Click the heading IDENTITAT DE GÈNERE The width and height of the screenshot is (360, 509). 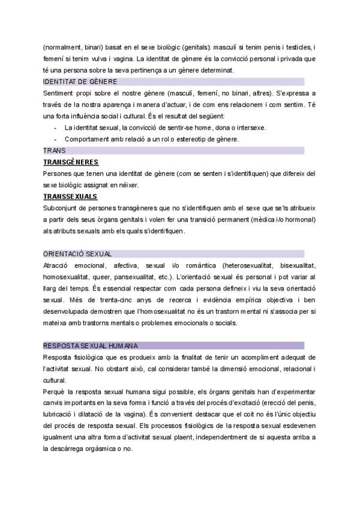pyautogui.click(x=80, y=82)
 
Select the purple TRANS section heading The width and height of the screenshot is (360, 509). pyautogui.click(x=55, y=151)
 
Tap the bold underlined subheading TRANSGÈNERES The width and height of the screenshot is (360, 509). pyautogui.click(x=71, y=162)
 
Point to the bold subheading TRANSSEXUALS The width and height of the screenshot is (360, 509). pyautogui.click(x=70, y=196)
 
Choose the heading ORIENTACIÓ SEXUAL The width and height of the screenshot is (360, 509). pyautogui.click(x=78, y=254)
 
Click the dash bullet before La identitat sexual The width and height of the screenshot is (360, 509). pyautogui.click(x=55, y=128)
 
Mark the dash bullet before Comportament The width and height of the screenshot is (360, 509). pyautogui.click(x=55, y=139)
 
